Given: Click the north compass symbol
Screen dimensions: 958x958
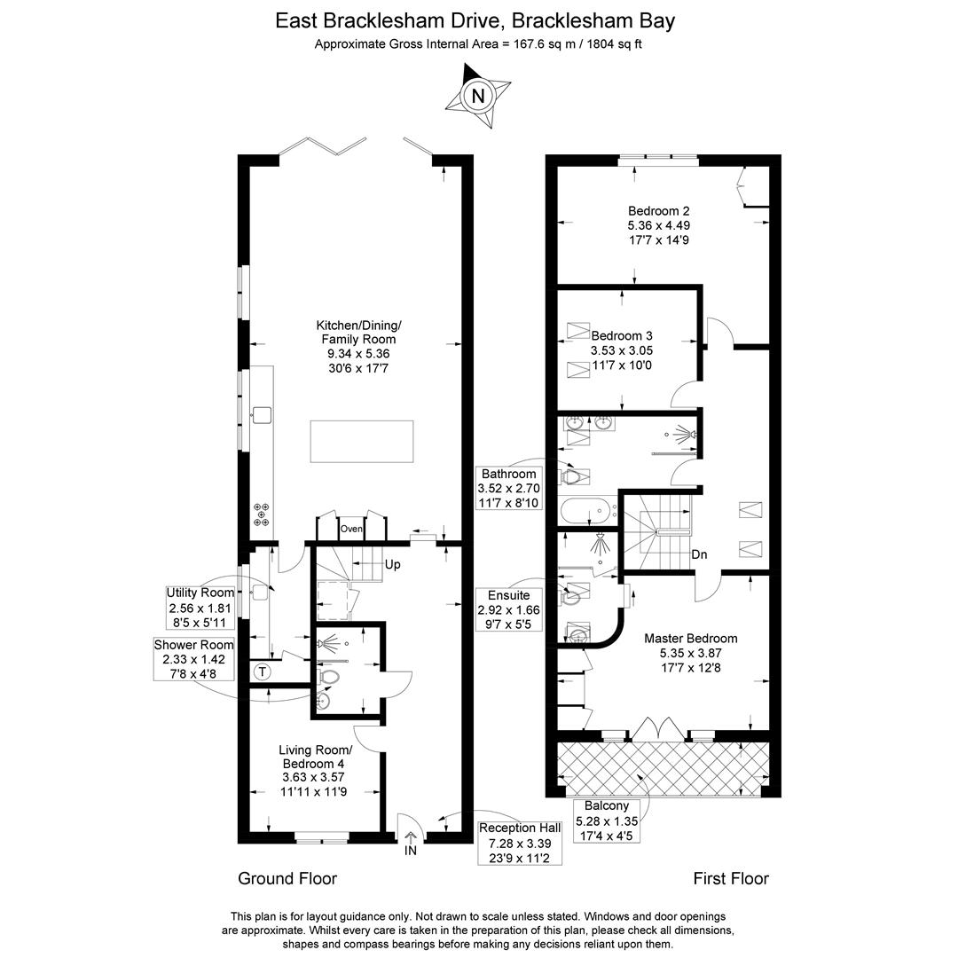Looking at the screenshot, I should (478, 95).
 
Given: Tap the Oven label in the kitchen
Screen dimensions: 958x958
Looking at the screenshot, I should (352, 529).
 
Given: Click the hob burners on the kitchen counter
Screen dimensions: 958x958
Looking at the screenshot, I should (263, 514).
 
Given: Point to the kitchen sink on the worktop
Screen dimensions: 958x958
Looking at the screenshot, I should (262, 412).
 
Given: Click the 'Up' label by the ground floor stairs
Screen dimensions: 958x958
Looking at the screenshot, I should (393, 564).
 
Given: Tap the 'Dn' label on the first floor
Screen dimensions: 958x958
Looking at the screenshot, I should (700, 554).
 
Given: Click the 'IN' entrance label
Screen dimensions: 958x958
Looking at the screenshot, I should (411, 852).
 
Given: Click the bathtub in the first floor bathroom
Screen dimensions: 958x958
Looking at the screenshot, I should (585, 511).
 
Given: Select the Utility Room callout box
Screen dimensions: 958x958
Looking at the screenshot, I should (201, 608).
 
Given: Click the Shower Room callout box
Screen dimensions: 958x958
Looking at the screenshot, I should (194, 660).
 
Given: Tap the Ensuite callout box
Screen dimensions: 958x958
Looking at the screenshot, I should (508, 610).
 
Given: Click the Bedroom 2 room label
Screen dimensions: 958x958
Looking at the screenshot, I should (658, 211).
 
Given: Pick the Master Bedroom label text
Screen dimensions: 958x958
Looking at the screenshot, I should (690, 638).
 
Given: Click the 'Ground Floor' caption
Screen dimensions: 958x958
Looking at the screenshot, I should (287, 878).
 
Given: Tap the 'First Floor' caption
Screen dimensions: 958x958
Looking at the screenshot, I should (731, 878).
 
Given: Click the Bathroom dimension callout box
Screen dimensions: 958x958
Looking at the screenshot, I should (508, 488).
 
